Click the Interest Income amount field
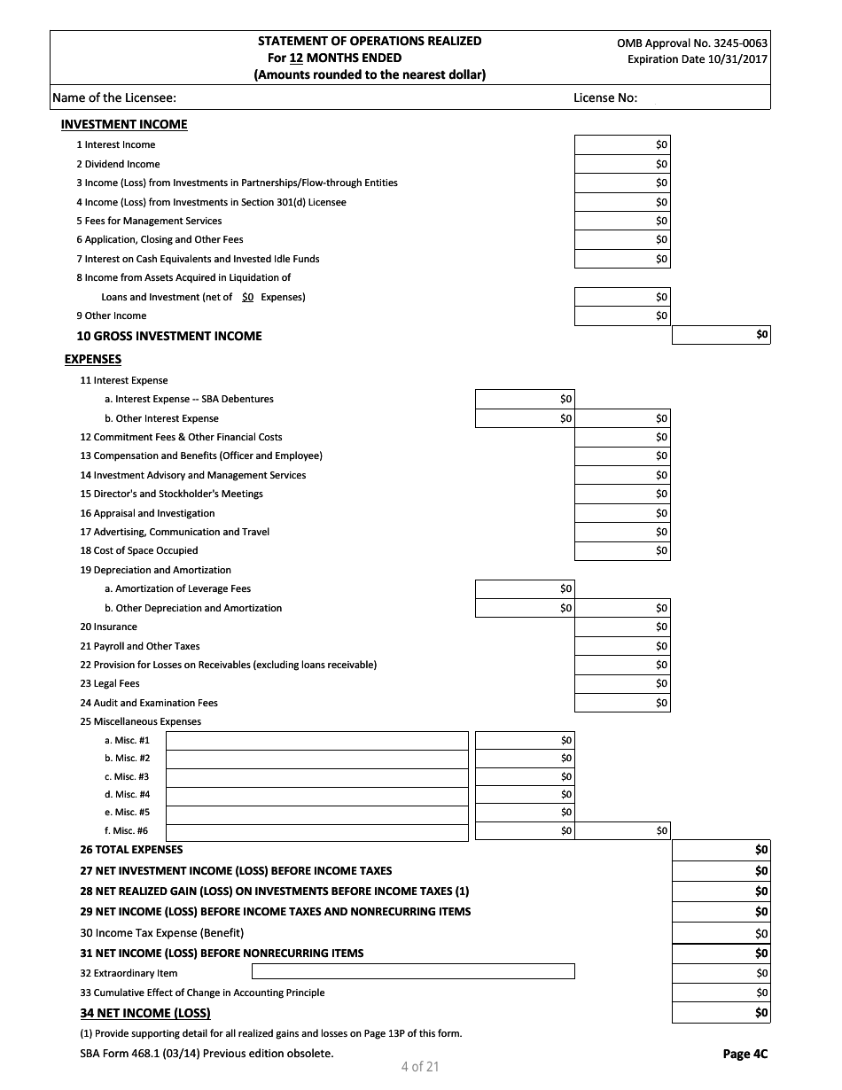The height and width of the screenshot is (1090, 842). pyautogui.click(x=622, y=144)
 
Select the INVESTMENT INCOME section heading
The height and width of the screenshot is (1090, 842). pyautogui.click(x=124, y=124)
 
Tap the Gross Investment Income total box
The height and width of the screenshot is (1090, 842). pyautogui.click(x=721, y=335)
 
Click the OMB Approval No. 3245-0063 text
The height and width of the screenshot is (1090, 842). pyautogui.click(x=692, y=43)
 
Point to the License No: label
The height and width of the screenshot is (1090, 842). pyautogui.click(x=605, y=97)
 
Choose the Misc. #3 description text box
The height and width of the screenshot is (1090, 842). pyautogui.click(x=316, y=776)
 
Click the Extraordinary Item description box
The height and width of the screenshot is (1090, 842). pyautogui.click(x=370, y=972)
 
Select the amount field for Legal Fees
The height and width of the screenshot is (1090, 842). pyautogui.click(x=622, y=683)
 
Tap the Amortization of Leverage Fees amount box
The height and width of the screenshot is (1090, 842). pyautogui.click(x=525, y=588)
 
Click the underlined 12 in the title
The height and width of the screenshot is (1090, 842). pyautogui.click(x=297, y=58)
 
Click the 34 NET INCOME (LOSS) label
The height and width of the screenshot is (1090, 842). pyautogui.click(x=145, y=1013)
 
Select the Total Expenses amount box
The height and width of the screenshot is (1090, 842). pyautogui.click(x=721, y=849)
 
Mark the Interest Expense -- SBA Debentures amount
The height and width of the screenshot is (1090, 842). pyautogui.click(x=525, y=399)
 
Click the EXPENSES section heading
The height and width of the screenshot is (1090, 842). pyautogui.click(x=93, y=359)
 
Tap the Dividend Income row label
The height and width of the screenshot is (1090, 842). pyautogui.click(x=118, y=164)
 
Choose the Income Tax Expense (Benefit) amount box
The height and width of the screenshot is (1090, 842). pyautogui.click(x=721, y=932)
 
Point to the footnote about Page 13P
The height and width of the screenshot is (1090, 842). pyautogui.click(x=270, y=1033)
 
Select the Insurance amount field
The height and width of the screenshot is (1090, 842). pyautogui.click(x=622, y=627)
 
